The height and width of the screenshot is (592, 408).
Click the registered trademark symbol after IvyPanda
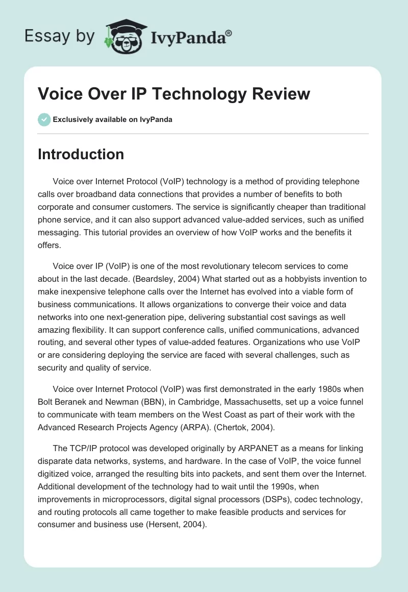pos(229,33)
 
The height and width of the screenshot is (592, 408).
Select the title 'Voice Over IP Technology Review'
pos(174,94)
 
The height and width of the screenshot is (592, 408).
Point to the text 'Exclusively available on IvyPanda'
pos(113,119)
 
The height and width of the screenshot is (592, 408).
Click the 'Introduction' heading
pos(81,154)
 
